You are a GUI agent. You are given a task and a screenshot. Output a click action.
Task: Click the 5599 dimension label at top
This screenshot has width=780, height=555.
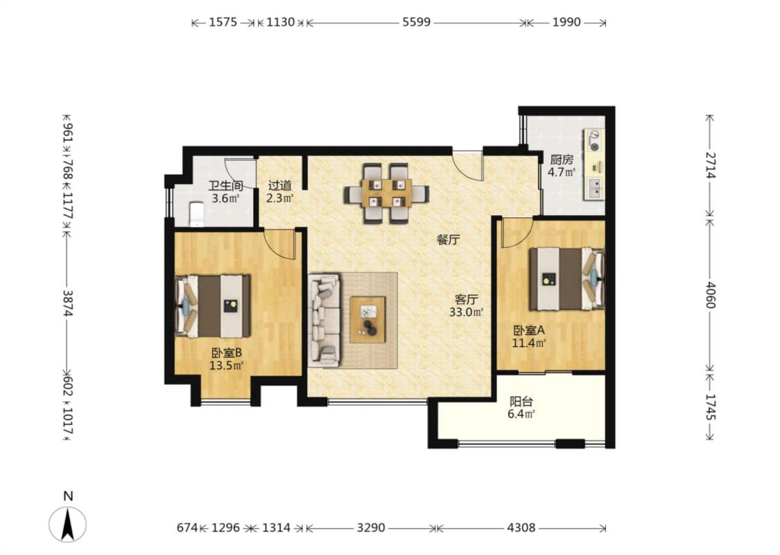tap(417, 22)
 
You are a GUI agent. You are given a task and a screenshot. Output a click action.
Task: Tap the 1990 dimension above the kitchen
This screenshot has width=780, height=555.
tap(566, 22)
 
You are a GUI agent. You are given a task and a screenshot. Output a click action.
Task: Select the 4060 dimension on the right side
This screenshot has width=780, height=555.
tap(711, 295)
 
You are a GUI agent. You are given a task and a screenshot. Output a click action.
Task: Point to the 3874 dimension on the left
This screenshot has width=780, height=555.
tap(68, 303)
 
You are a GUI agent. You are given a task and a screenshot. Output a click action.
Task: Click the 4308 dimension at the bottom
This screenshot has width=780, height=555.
tap(521, 528)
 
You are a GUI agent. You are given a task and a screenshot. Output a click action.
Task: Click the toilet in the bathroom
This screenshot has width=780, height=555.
tap(197, 214)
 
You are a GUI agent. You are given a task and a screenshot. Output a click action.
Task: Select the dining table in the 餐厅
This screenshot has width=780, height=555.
tap(386, 193)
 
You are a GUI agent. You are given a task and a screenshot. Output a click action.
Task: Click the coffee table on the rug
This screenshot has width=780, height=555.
tap(367, 320)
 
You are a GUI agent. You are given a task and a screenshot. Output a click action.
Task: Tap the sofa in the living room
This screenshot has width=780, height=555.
tap(324, 320)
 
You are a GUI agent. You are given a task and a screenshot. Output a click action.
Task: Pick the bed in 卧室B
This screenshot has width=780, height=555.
tap(212, 306)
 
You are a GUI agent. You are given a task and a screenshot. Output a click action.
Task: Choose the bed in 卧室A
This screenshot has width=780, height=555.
tap(567, 280)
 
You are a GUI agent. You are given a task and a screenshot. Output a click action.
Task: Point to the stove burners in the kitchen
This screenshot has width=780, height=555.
tap(594, 140)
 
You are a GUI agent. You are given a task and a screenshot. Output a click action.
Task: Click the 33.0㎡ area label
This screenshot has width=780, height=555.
tap(466, 312)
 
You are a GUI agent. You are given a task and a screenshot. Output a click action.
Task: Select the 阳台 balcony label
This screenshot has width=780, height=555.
tap(521, 401)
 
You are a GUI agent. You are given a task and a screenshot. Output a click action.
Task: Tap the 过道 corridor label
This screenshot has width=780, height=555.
tap(279, 185)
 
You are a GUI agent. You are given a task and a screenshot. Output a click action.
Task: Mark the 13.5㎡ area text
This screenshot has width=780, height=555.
tap(226, 366)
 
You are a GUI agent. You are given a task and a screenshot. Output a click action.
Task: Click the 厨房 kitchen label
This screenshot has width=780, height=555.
tap(561, 160)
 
